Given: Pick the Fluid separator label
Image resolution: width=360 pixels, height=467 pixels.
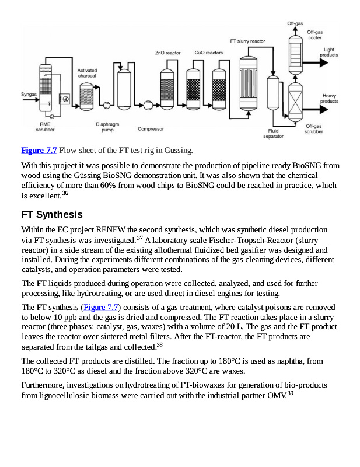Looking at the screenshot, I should tap(273, 134).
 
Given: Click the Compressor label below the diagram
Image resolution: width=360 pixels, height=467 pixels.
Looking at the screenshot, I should tap(151, 129).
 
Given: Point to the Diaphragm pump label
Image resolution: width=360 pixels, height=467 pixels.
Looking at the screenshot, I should tap(107, 127).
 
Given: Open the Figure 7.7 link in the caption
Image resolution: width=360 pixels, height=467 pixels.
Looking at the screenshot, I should tap(39, 151).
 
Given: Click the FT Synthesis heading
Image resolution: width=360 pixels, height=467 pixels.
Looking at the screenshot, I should tap(52, 214).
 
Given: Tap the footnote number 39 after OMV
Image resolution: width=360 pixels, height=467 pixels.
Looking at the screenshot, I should tap(289, 393).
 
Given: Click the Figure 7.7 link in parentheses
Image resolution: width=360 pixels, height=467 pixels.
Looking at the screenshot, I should tap(102, 307).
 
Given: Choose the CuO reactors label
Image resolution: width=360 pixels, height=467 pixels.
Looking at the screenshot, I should tap(208, 53).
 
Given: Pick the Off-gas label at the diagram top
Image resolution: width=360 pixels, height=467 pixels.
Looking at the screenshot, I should tap(295, 23).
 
